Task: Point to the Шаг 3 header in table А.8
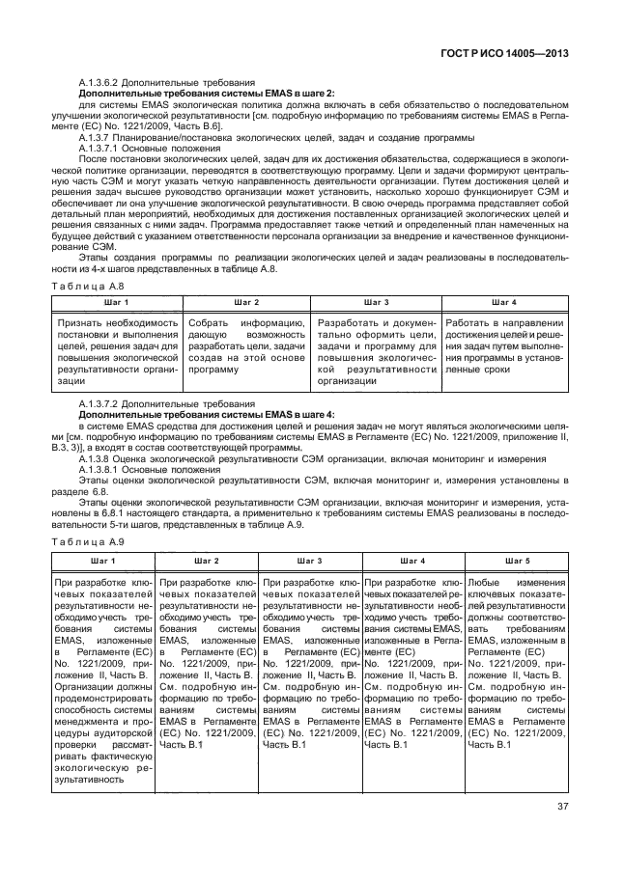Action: point(378,302)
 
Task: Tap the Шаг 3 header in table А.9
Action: point(309,560)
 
